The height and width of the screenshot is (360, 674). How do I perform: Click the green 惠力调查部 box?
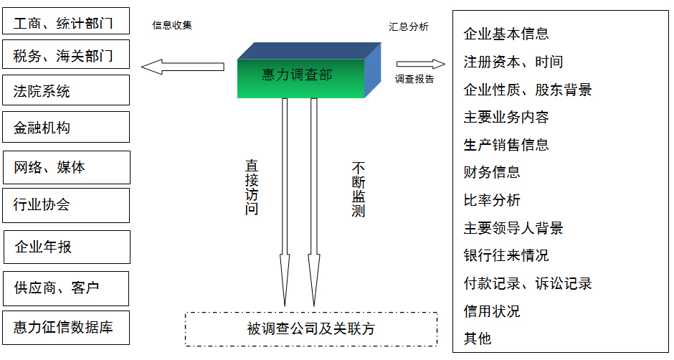pyautogui.click(x=301, y=76)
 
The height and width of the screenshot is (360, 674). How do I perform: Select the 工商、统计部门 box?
pyautogui.click(x=66, y=22)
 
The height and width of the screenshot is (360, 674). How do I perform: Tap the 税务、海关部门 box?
pyautogui.click(x=66, y=55)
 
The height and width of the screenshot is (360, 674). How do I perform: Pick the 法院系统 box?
pyautogui.click(x=66, y=91)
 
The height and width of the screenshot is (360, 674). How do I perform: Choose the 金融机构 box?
pyautogui.click(x=66, y=128)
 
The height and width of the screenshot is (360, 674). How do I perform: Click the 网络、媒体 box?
pyautogui.click(x=66, y=167)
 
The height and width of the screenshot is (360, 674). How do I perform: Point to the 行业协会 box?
pyautogui.click(x=66, y=205)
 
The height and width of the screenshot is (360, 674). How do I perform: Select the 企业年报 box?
pyautogui.click(x=66, y=247)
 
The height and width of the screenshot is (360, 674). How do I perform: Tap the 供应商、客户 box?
pyautogui.click(x=66, y=288)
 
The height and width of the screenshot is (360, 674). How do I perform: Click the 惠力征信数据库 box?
pyautogui.click(x=66, y=328)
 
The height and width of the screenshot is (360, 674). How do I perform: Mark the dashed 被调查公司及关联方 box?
pyautogui.click(x=311, y=329)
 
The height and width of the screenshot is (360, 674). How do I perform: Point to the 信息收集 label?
pyautogui.click(x=172, y=25)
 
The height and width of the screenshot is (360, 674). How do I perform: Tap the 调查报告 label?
pyautogui.click(x=414, y=79)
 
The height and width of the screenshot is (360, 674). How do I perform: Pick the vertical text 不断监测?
pyautogui.click(x=358, y=189)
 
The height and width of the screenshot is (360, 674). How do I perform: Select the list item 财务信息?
pyautogui.click(x=492, y=172)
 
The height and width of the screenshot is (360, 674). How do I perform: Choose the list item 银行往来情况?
pyautogui.click(x=506, y=255)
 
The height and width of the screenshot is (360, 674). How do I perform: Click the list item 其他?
pyautogui.click(x=478, y=338)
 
